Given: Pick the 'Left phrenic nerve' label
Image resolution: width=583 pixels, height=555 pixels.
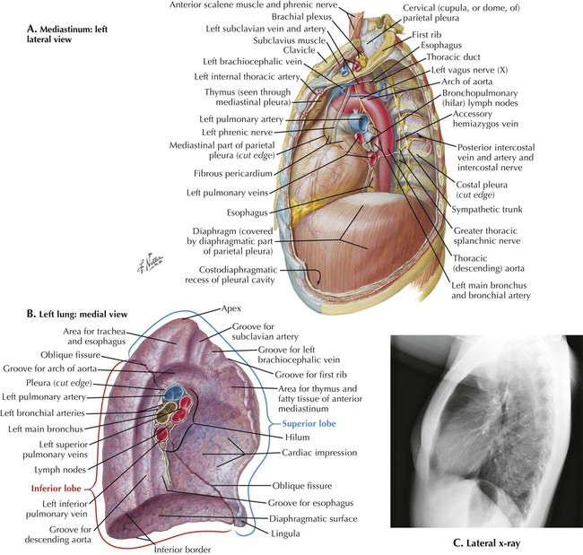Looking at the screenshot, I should click(237, 133).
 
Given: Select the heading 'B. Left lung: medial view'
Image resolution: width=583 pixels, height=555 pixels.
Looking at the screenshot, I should click(79, 314).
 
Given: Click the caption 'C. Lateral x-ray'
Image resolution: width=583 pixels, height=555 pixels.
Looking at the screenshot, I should click(485, 542).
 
